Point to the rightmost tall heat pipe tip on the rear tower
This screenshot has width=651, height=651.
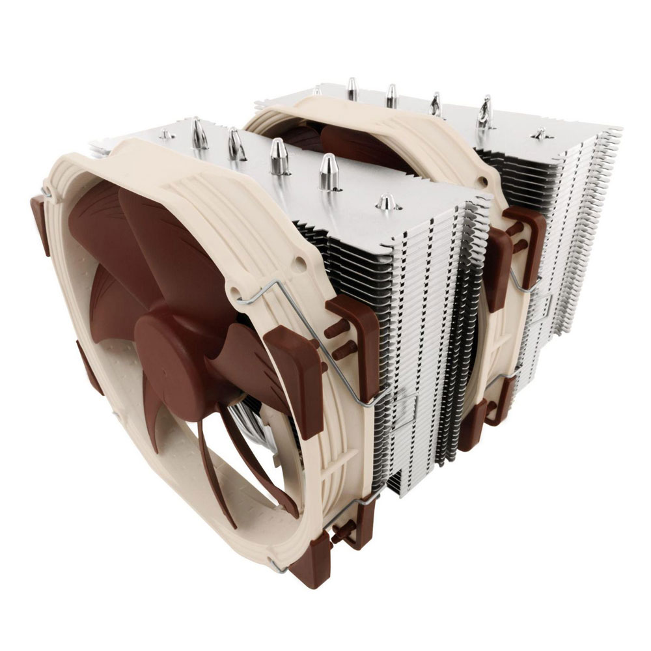485,111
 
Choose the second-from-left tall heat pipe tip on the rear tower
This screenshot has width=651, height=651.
391,95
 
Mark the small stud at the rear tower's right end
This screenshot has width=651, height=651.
540,133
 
